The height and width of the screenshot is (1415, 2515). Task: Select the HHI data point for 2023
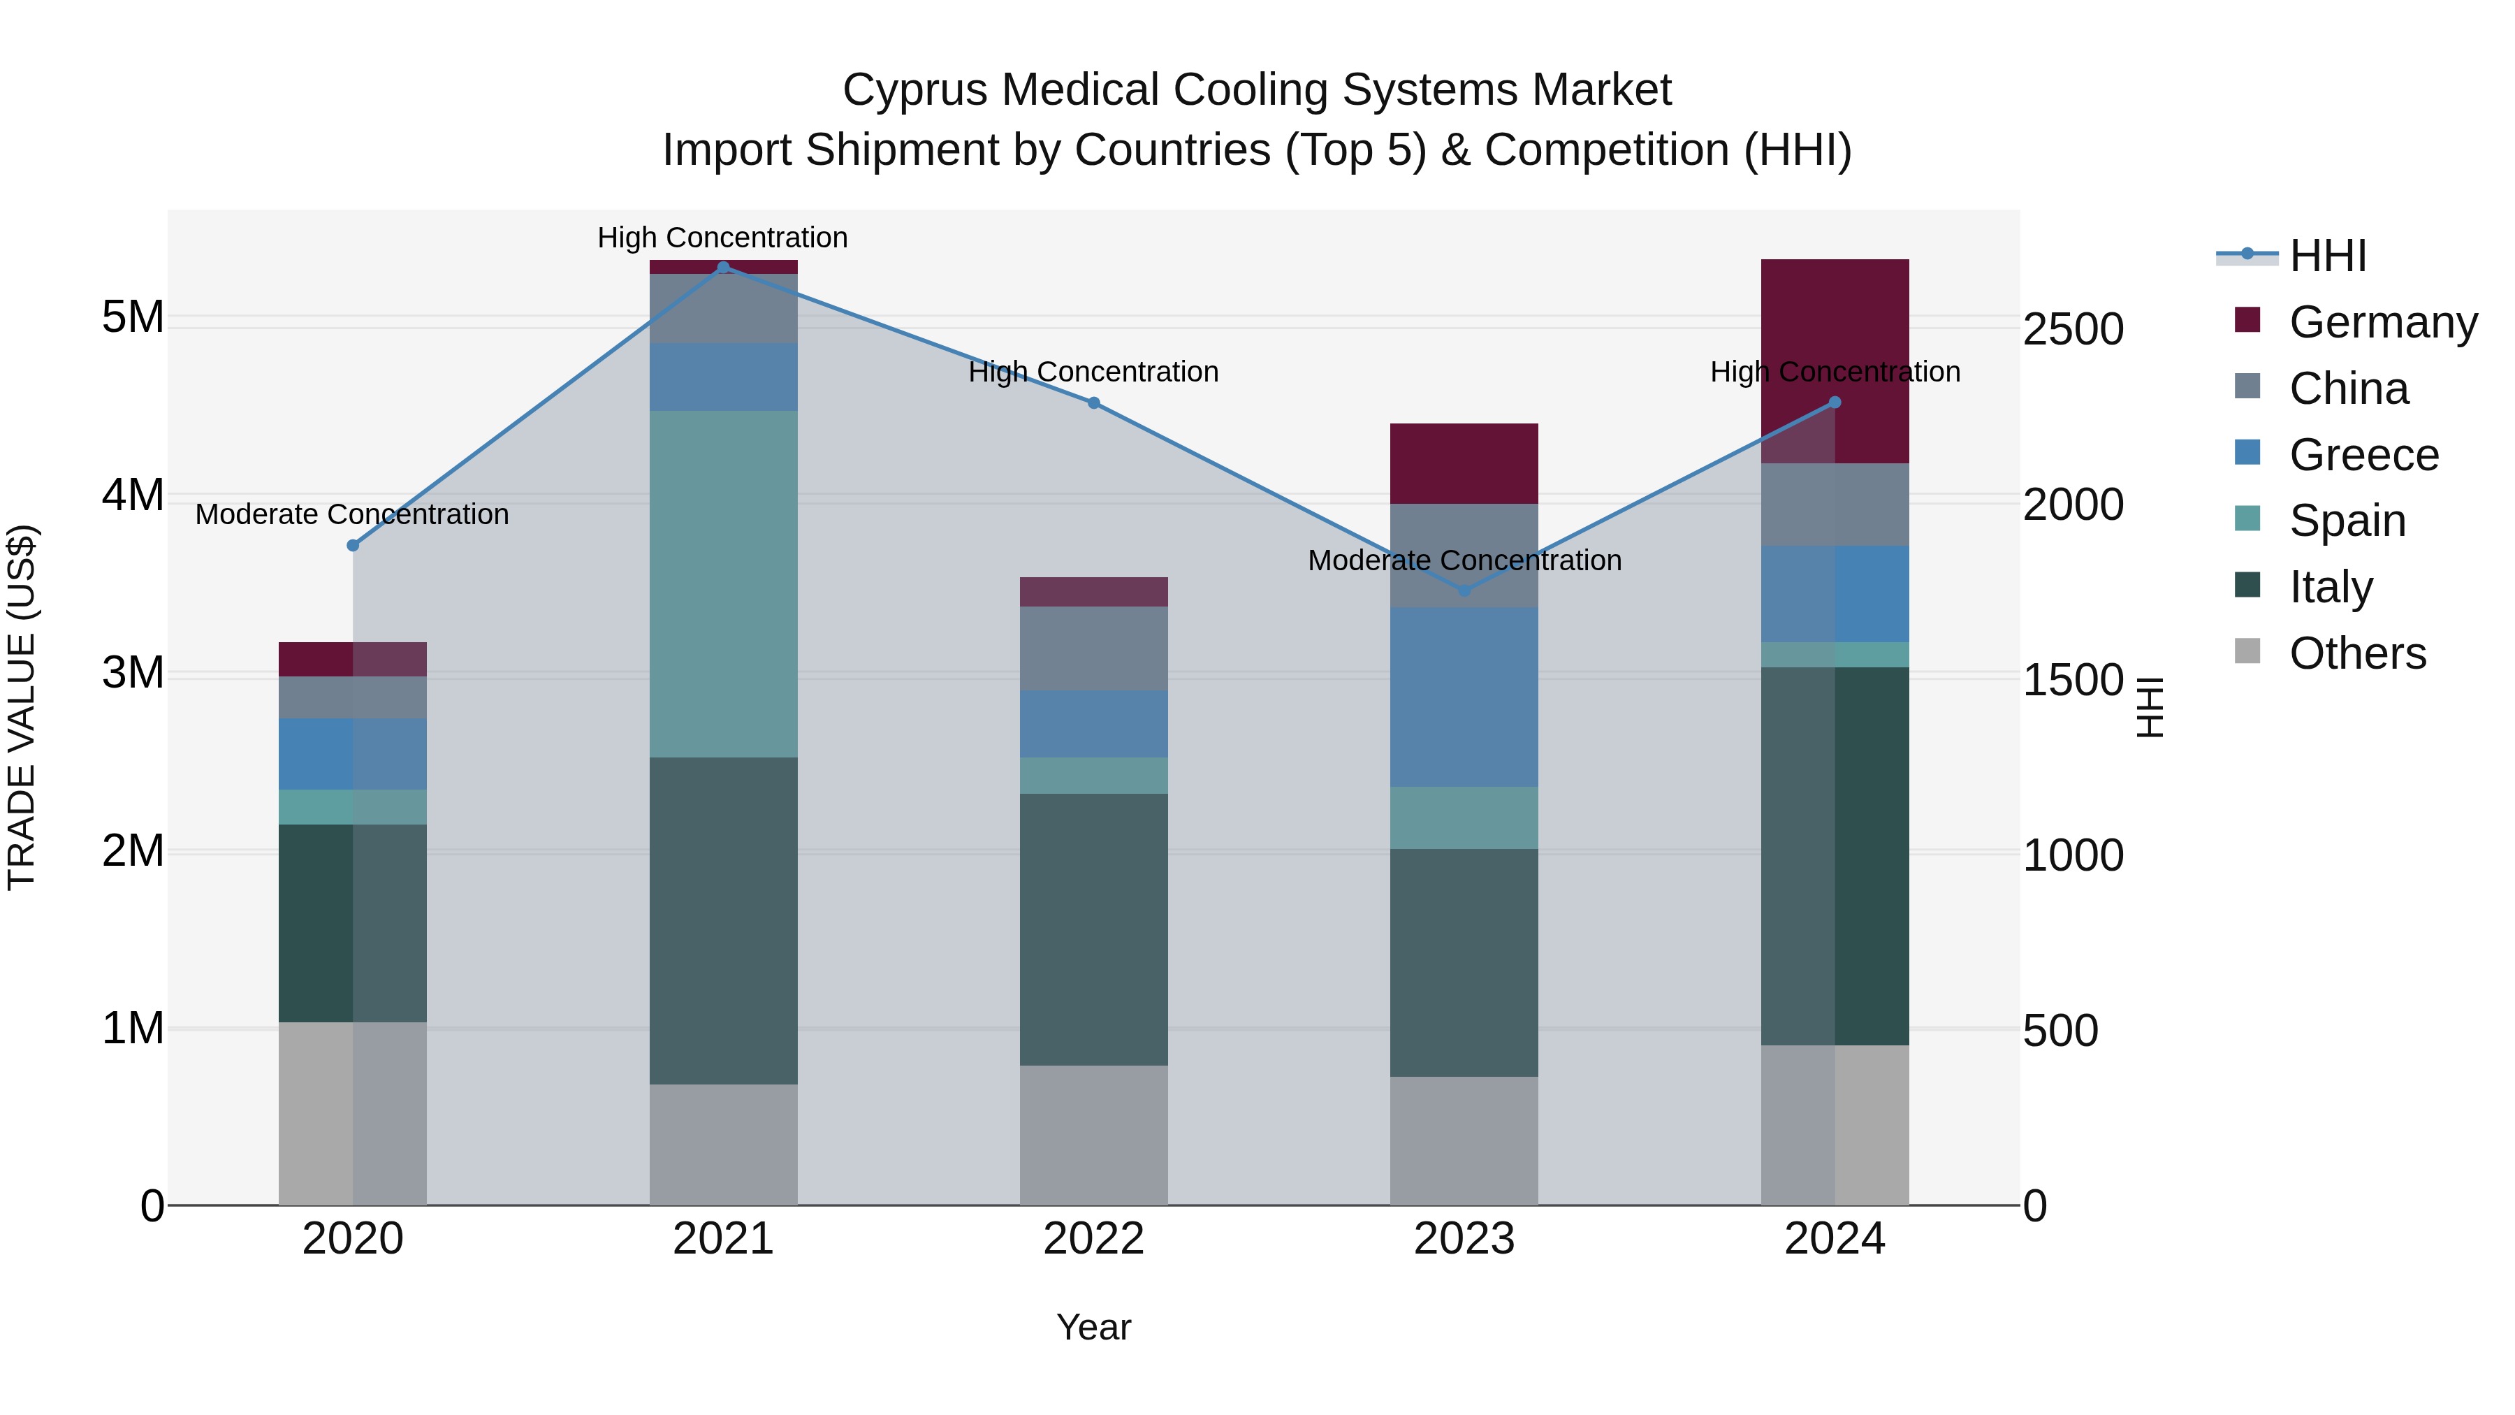(x=1464, y=590)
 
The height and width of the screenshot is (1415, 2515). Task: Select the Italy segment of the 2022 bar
(x=1093, y=929)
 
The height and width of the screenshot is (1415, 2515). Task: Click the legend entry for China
(x=2348, y=389)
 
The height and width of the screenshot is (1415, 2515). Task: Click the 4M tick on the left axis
(x=133, y=495)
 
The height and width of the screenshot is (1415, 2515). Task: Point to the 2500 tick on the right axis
(x=2072, y=329)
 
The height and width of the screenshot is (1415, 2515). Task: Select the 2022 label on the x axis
(x=1093, y=1239)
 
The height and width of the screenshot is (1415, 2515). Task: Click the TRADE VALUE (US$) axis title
(x=22, y=707)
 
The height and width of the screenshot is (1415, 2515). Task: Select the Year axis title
(x=1093, y=1327)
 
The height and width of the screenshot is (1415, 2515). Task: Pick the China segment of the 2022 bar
(x=1093, y=648)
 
